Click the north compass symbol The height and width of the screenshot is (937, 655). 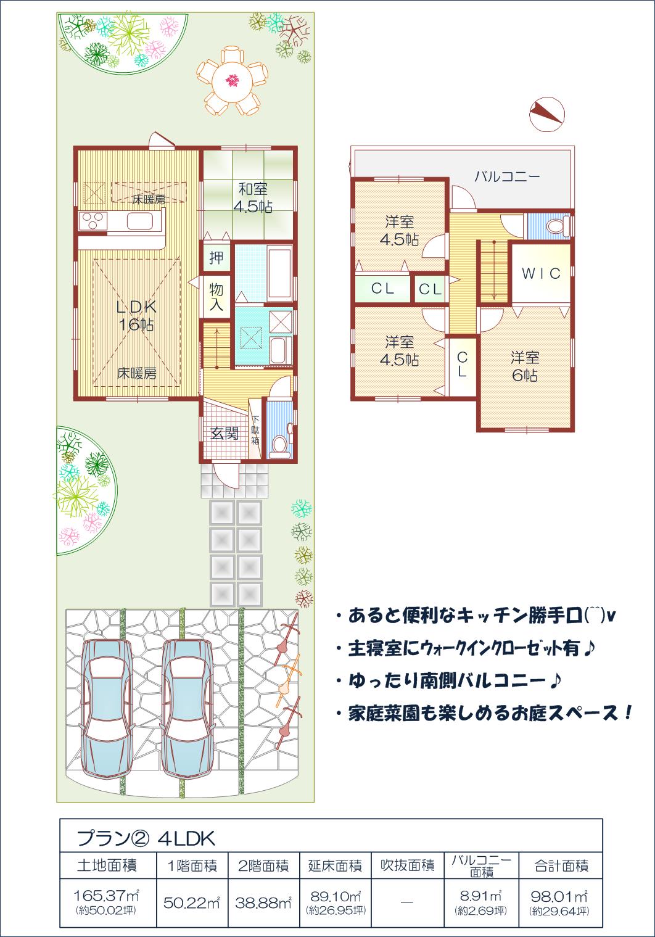(x=546, y=114)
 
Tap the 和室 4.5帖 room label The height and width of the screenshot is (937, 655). (x=253, y=197)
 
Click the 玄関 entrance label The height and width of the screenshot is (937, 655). (x=225, y=434)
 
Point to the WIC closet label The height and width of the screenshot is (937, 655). (x=542, y=273)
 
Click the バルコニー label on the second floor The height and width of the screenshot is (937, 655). (x=507, y=176)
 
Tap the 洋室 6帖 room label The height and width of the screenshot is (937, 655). (x=524, y=366)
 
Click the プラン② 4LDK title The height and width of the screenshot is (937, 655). (x=146, y=838)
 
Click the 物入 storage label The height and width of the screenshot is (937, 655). (x=216, y=297)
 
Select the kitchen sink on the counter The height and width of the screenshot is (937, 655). (x=140, y=221)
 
